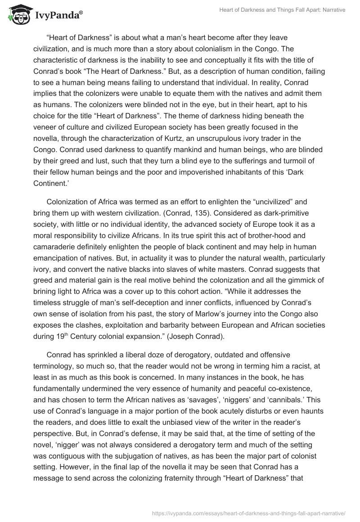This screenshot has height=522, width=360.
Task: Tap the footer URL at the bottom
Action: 249,513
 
